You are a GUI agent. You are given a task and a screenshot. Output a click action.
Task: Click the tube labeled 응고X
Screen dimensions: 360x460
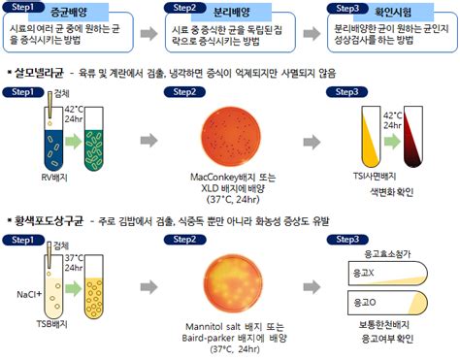click(x=387, y=276)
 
